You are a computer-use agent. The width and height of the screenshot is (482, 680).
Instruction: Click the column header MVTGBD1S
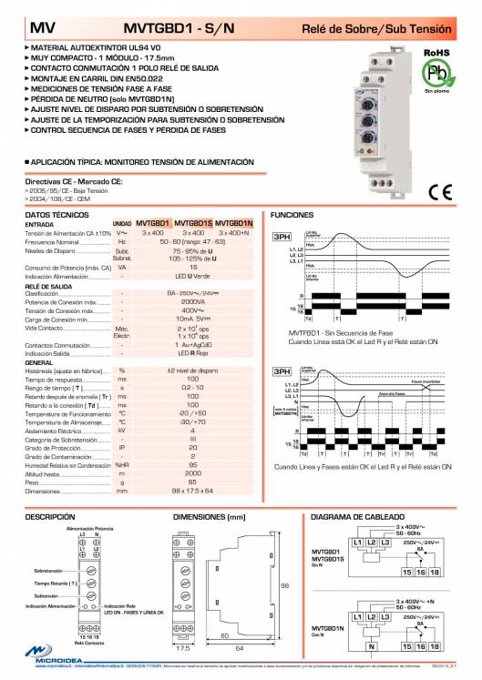click(x=193, y=223)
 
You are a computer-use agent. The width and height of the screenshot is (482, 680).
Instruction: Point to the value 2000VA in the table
click(x=193, y=300)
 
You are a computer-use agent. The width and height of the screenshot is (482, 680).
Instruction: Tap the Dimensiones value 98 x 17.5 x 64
click(x=193, y=491)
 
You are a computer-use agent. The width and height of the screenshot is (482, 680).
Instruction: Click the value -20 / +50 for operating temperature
click(x=193, y=412)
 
